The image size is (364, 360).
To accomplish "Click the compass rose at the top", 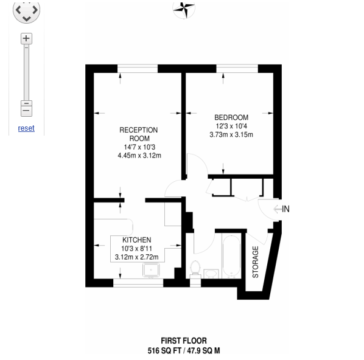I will tap(183, 8).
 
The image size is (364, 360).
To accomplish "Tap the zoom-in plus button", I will tap(26, 38).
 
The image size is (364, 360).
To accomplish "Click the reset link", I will tap(26, 128).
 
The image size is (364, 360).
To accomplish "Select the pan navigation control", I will tap(26, 10).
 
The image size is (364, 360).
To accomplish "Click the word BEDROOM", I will tap(231, 117).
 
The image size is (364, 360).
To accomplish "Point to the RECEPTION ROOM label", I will tap(138, 134).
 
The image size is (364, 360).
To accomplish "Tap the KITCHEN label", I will tap(136, 240).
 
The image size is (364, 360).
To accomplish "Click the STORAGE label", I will tap(256, 262).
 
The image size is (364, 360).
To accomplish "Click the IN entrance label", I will tap(285, 209).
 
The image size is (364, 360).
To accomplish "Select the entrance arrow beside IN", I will tap(278, 209).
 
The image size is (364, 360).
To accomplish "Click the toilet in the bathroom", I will tap(196, 268).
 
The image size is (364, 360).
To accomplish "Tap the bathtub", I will tap(231, 258).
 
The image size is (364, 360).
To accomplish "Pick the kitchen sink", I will tap(150, 269).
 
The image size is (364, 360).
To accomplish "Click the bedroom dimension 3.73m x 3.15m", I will tap(231, 134).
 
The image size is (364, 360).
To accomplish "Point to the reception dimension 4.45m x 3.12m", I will tap(139, 155).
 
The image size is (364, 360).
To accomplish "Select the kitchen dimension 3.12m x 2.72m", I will tap(136, 257).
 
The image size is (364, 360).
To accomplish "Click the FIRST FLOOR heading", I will tap(183, 341).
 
